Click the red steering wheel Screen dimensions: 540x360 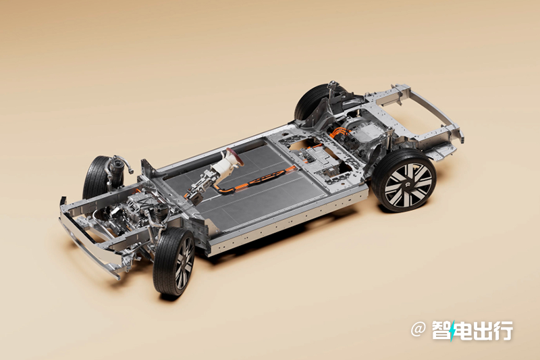click(x=234, y=156)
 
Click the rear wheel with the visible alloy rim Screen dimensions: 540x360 click(x=404, y=180)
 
